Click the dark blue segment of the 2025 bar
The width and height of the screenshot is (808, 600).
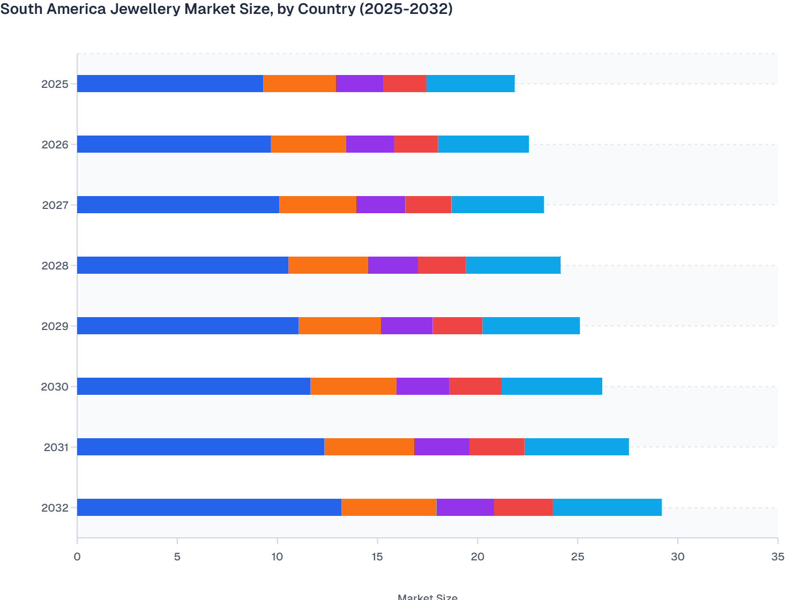(170, 84)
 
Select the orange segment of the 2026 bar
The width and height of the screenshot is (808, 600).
(308, 144)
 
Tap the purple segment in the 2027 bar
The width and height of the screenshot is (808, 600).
(380, 205)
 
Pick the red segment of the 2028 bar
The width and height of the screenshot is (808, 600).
(442, 265)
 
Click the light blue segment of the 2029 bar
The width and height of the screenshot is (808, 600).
(531, 326)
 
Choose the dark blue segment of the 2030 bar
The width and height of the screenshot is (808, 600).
(193, 386)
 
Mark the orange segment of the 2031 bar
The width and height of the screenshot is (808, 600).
(369, 447)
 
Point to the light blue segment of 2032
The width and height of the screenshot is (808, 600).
(607, 507)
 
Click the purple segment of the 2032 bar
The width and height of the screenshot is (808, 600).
(465, 507)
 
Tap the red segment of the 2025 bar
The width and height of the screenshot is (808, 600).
(405, 84)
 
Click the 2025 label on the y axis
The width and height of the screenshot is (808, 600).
(55, 84)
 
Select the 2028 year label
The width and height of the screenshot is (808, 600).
(55, 266)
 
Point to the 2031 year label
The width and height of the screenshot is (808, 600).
(56, 447)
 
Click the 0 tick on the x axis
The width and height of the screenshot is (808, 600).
(77, 557)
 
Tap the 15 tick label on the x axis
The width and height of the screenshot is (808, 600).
(377, 557)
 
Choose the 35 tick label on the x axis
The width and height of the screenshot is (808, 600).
(777, 557)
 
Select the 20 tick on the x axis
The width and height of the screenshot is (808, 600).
(477, 557)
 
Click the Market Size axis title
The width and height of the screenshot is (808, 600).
(428, 596)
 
